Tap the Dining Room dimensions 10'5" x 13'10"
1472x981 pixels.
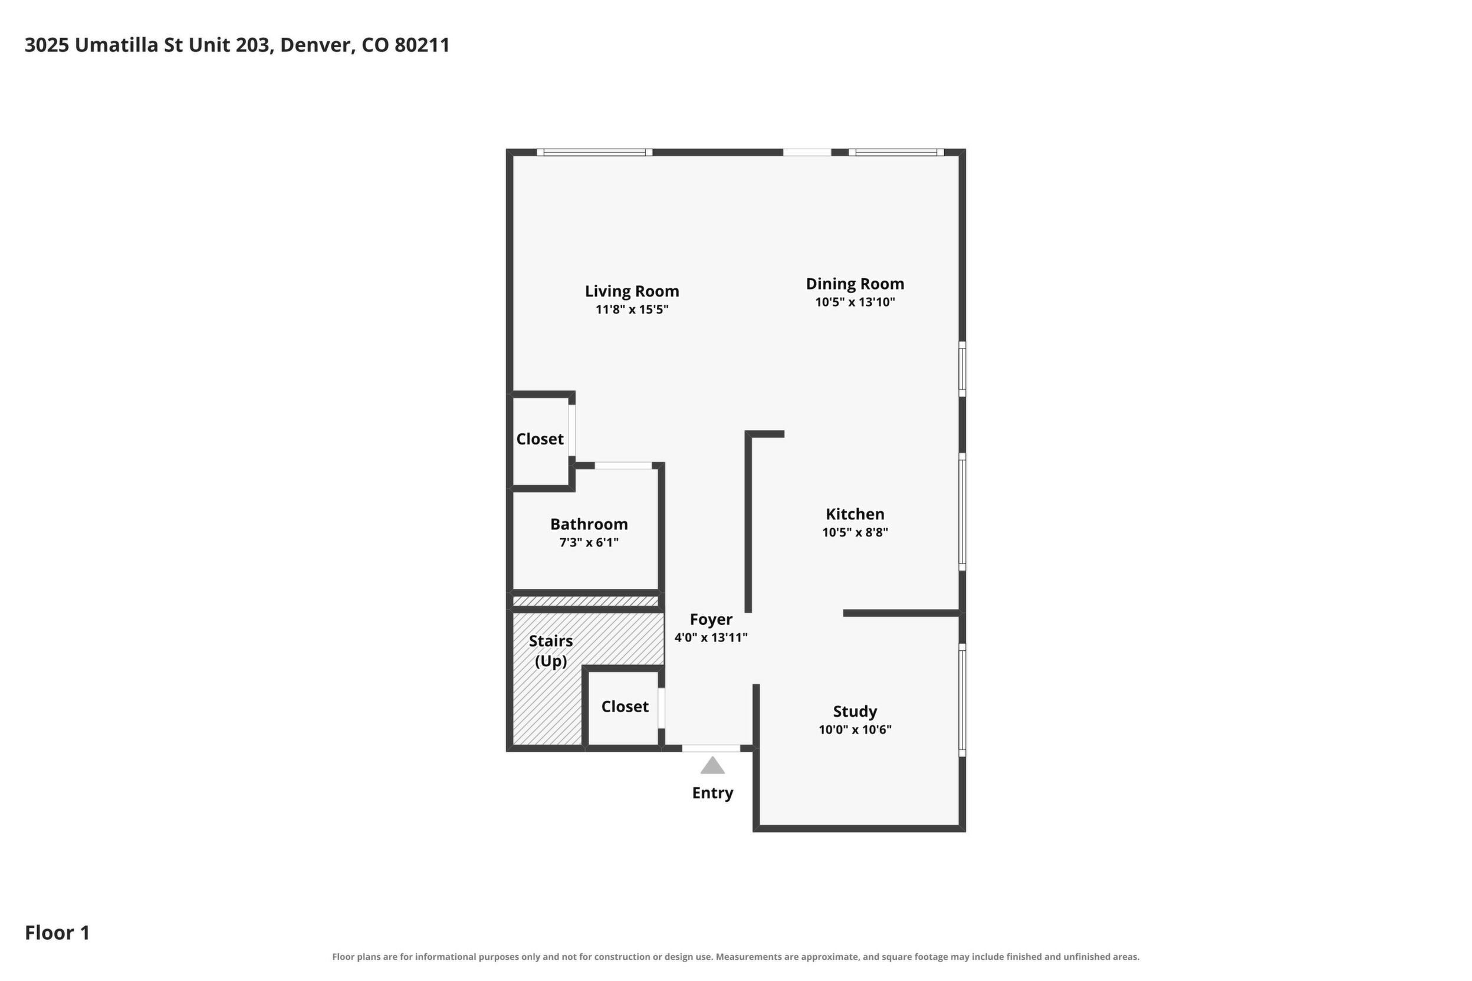tap(855, 302)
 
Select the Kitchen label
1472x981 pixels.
tap(855, 514)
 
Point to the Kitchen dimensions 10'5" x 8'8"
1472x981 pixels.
tap(855, 532)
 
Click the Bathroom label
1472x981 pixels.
tap(589, 524)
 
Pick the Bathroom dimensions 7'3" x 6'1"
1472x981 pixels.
tap(589, 542)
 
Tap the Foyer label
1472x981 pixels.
tap(711, 620)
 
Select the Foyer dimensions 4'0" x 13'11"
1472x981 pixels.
tap(711, 637)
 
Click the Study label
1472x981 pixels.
tap(855, 712)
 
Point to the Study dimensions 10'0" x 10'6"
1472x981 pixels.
tap(855, 729)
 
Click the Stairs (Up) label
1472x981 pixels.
tap(551, 651)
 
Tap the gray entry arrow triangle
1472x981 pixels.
tap(712, 766)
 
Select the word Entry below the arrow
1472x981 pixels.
tap(712, 794)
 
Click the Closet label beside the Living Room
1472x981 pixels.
tap(540, 439)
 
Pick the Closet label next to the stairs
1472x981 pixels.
tap(625, 706)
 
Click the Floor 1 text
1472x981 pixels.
tap(57, 933)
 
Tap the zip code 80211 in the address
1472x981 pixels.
tap(422, 45)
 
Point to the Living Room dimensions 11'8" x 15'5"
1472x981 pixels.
tap(632, 310)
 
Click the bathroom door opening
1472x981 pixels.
tap(623, 466)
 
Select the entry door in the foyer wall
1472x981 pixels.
tap(711, 748)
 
